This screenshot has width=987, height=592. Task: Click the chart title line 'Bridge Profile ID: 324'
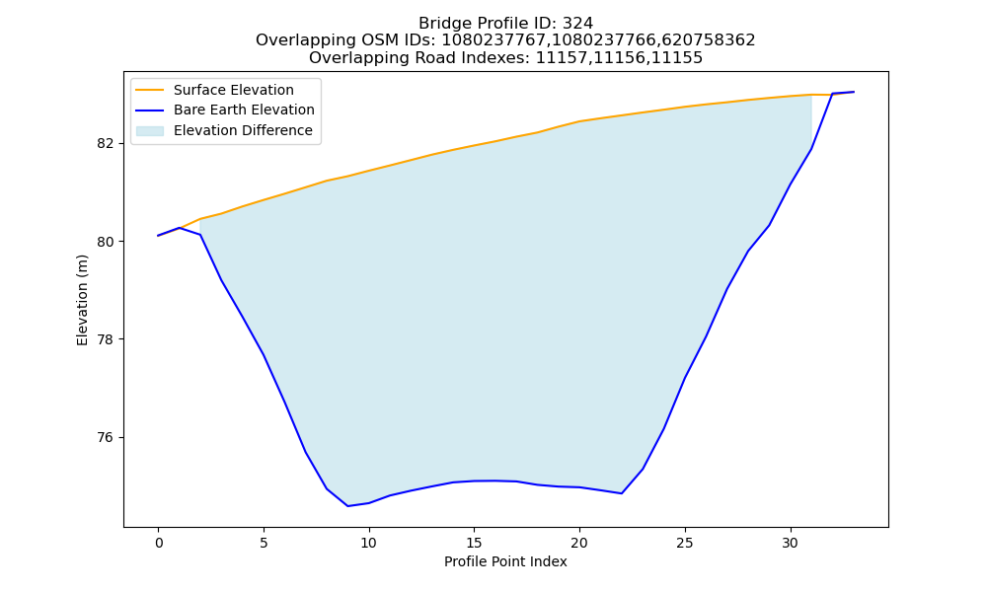[505, 24]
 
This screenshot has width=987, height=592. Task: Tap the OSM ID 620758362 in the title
[708, 40]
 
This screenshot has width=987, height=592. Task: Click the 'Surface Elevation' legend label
[234, 90]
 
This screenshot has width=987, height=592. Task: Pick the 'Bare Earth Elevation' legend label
[244, 110]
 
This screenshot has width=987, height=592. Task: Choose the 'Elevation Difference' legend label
[243, 130]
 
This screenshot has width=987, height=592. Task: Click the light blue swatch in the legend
[150, 131]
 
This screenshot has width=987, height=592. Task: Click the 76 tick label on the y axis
[106, 437]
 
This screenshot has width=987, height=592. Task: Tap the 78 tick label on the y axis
[106, 339]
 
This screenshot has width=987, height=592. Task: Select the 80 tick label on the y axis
[106, 242]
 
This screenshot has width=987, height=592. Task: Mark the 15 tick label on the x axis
[474, 543]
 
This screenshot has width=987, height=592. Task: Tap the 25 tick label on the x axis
[685, 543]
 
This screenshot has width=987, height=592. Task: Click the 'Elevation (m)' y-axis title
[83, 300]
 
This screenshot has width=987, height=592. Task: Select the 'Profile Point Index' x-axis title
[505, 561]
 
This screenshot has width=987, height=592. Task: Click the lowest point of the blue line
[347, 506]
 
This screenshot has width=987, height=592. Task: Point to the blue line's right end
[854, 92]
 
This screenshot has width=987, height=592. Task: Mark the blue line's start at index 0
[159, 235]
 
